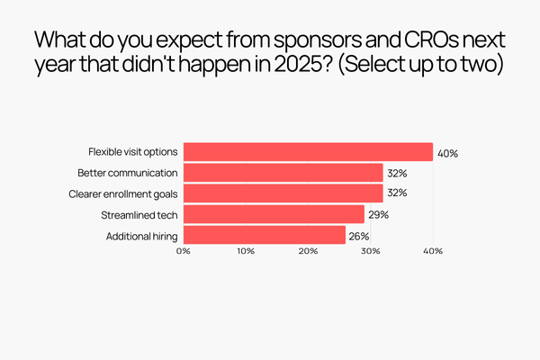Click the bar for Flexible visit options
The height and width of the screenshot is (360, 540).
tap(308, 152)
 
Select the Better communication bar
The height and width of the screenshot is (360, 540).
tap(283, 173)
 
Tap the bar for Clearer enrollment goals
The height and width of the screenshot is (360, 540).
tap(283, 193)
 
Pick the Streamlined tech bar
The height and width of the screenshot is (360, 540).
tap(274, 214)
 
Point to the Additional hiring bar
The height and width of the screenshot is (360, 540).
tap(265, 235)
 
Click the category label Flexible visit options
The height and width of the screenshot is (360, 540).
tap(133, 152)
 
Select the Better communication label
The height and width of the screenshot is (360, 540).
tap(129, 173)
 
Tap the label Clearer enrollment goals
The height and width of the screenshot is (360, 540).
tap(124, 193)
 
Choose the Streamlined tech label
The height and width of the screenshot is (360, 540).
tap(140, 214)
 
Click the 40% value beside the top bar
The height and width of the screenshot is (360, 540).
tap(447, 153)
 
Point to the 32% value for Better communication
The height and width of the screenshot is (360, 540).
tap(397, 173)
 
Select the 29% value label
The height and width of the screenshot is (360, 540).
tap(378, 214)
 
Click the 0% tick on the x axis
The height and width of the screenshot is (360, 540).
tap(184, 251)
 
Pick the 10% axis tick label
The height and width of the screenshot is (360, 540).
tap(246, 251)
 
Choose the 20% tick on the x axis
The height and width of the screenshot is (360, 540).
tap(308, 251)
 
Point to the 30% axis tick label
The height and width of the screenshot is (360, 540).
tap(370, 251)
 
